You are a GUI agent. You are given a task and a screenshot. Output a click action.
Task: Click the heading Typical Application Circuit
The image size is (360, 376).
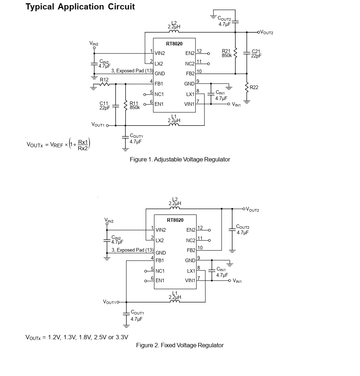pos(80,7)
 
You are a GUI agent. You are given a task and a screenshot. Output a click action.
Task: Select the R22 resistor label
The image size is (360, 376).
pos(254,87)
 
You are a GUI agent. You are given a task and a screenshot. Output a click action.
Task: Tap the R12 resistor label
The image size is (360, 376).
pos(104,79)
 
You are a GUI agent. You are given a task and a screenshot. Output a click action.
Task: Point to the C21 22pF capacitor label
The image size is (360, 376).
pos(256,53)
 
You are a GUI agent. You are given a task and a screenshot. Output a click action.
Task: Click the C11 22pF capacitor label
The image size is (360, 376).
pos(105,105)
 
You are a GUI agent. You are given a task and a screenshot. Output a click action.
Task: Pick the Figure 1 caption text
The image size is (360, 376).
pos(180,159)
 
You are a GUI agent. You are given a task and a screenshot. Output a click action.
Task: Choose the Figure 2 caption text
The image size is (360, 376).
pos(180,345)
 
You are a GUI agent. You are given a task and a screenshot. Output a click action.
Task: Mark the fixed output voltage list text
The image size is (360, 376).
pos(77,337)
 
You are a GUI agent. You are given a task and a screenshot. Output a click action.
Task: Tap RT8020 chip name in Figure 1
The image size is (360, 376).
pos(174,44)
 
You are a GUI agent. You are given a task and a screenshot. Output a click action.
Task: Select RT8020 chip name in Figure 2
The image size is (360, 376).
pos(175,220)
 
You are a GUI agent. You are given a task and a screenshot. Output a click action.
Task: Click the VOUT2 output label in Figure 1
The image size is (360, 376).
pos(267,33)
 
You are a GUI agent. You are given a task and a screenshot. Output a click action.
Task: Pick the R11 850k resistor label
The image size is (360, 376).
pos(134,105)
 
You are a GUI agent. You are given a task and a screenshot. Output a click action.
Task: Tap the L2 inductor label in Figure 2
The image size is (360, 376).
pos(175,201)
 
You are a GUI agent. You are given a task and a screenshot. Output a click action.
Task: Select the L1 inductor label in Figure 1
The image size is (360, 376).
pos(174,118)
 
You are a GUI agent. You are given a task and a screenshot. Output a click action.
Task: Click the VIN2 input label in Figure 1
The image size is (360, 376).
pos(94,44)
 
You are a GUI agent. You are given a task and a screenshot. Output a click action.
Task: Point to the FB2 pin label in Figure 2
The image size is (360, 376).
pos(191,251)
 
